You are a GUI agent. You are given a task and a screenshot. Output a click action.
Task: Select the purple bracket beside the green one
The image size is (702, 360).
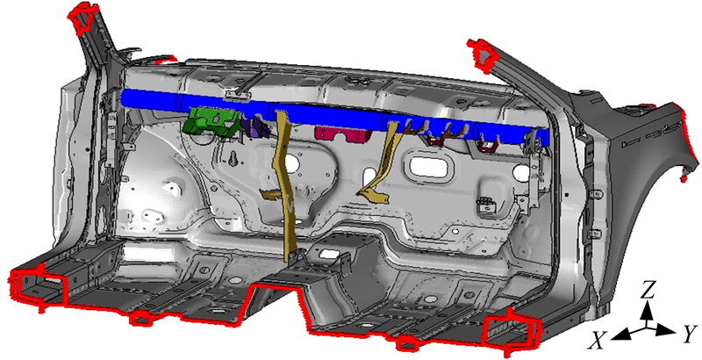pos(256,126)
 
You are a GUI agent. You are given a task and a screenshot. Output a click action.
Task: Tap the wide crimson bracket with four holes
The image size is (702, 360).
pos(342,133)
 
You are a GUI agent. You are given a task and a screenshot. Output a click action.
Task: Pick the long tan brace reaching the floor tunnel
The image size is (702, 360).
pos(287,188)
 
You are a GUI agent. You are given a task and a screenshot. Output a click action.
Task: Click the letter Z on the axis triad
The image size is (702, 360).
pos(648,292)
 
